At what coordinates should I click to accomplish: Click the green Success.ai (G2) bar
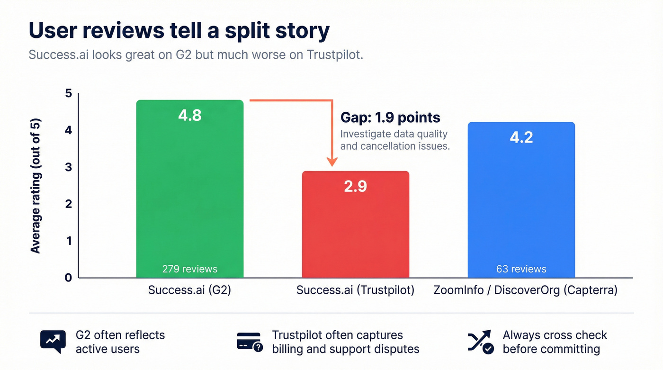pyautogui.click(x=189, y=199)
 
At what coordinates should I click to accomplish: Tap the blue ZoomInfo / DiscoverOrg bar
pyautogui.click(x=521, y=208)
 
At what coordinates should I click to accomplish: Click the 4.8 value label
pyautogui.click(x=189, y=115)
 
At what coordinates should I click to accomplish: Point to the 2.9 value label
pyautogui.click(x=355, y=186)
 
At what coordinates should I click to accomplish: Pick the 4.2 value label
pyautogui.click(x=521, y=137)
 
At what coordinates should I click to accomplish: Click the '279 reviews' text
pyautogui.click(x=189, y=269)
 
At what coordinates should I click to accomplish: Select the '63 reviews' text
pyautogui.click(x=521, y=269)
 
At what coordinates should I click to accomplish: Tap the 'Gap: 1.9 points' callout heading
pyautogui.click(x=390, y=117)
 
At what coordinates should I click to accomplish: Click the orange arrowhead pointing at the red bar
pyautogui.click(x=332, y=162)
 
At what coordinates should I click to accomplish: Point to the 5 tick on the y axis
pyautogui.click(x=69, y=93)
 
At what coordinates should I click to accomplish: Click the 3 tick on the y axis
pyautogui.click(x=69, y=167)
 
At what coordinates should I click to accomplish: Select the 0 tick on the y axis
pyautogui.click(x=69, y=278)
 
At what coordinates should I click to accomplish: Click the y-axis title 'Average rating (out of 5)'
pyautogui.click(x=36, y=185)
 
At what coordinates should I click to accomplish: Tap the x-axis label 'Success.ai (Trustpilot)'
pyautogui.click(x=355, y=290)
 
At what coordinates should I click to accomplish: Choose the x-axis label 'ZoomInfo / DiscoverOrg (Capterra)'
pyautogui.click(x=525, y=290)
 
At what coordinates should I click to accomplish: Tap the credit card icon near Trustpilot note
pyautogui.click(x=249, y=342)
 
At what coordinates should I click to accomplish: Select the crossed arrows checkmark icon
pyautogui.click(x=480, y=342)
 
